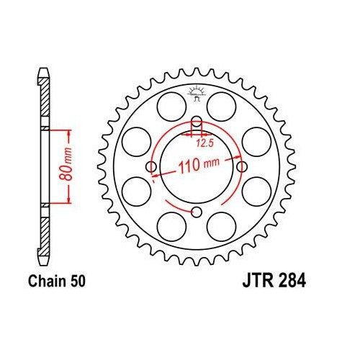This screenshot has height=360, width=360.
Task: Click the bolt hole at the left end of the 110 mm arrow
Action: [151, 167]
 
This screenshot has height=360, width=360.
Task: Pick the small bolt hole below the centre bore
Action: [195, 211]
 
